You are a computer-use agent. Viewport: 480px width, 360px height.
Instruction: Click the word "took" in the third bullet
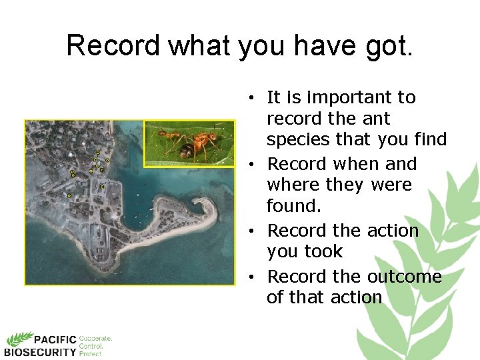pyautogui.click(x=324, y=251)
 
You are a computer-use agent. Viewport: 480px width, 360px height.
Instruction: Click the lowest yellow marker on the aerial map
pyautogui.click(x=69, y=195)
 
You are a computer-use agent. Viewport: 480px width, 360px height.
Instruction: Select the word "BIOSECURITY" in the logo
pyautogui.click(x=40, y=351)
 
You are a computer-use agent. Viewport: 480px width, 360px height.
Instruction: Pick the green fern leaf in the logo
pyautogui.click(x=20, y=338)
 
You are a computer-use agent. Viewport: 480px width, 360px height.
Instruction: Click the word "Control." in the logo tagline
pyautogui.click(x=91, y=347)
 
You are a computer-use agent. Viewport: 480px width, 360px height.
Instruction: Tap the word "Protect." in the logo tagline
pyautogui.click(x=91, y=354)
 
